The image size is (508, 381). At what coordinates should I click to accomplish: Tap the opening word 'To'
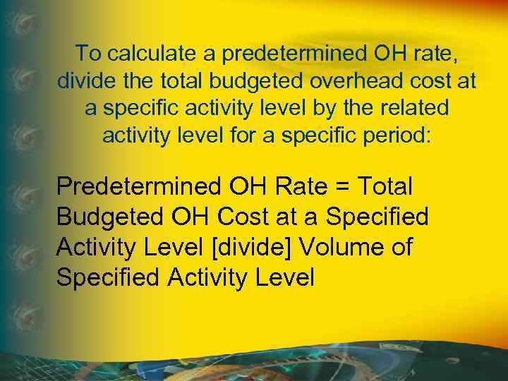coord(88,53)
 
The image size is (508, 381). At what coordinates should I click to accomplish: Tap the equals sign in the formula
coord(343,188)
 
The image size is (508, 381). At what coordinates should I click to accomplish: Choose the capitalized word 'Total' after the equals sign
coord(385,187)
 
